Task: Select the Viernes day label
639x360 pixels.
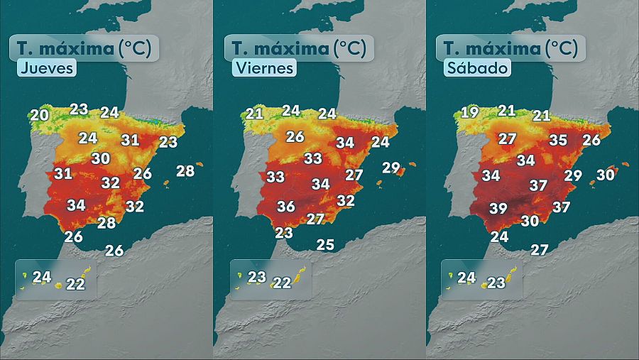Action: [x=262, y=69]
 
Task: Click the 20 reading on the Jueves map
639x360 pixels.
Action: [x=40, y=114]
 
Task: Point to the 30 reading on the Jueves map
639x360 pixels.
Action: [x=101, y=159]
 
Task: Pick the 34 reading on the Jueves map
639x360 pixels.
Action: [x=77, y=206]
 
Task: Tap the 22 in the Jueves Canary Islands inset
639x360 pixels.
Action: [x=75, y=284]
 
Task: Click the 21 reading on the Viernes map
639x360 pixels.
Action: [x=255, y=113]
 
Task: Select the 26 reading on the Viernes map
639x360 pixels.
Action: [x=295, y=137]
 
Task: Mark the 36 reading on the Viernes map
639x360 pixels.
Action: [x=286, y=207]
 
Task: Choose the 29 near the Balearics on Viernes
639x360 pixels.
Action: [x=391, y=168]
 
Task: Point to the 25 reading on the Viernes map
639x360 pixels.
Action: [x=325, y=245]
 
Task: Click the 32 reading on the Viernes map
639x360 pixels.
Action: [x=345, y=201]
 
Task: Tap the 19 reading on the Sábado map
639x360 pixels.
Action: [x=469, y=112]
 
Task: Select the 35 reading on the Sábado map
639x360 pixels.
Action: [x=558, y=141]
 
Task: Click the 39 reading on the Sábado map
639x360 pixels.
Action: [x=498, y=208]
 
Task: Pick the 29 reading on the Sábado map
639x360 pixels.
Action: [x=573, y=175]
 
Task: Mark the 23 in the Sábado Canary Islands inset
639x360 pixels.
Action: [x=496, y=283]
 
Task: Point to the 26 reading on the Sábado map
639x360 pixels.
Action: [x=591, y=141]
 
